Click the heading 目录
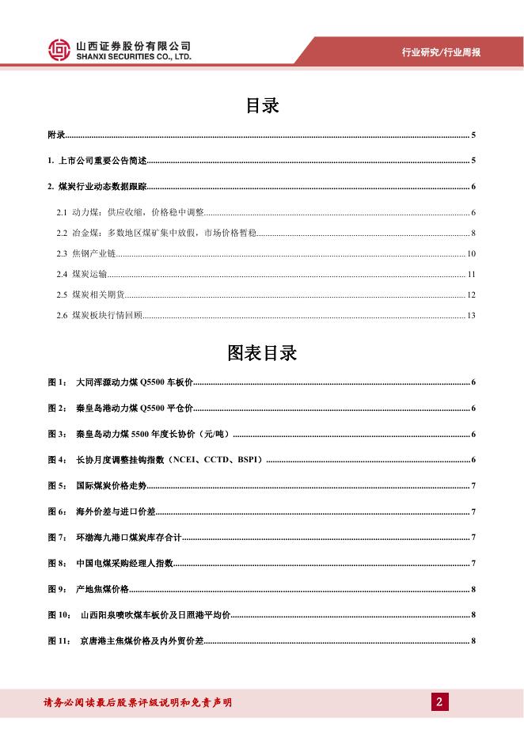point(262,106)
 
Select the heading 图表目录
point(262,353)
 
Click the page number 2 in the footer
point(439,701)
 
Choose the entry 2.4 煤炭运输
point(82,275)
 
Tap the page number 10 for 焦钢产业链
point(471,254)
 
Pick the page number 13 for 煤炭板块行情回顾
point(471,316)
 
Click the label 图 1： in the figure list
point(58,383)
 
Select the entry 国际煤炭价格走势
point(111,485)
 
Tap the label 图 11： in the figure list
point(60,640)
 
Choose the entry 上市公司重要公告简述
point(103,161)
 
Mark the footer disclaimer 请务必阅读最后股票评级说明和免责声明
point(136,702)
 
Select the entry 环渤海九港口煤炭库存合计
point(128,538)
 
